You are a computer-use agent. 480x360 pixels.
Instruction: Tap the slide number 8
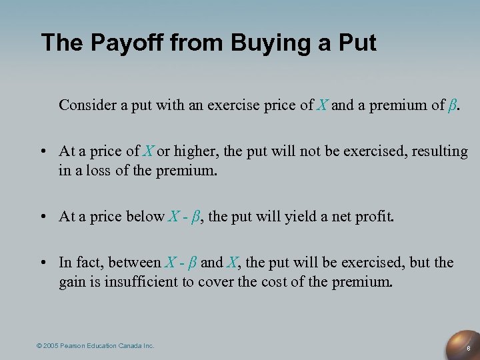[469, 348]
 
